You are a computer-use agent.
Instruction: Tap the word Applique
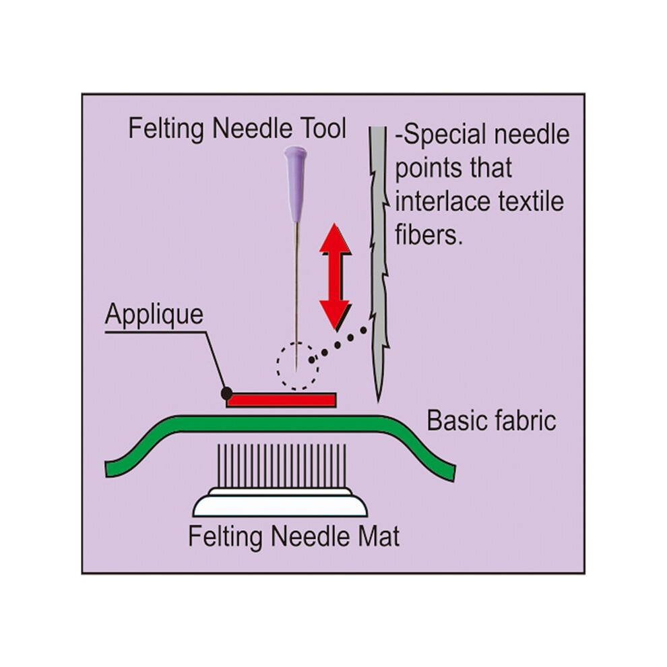(x=154, y=315)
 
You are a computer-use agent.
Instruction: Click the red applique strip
(x=281, y=400)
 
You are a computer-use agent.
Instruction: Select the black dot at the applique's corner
(x=227, y=393)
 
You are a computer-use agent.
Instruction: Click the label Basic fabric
(x=491, y=420)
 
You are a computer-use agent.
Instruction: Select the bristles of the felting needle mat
(x=281, y=466)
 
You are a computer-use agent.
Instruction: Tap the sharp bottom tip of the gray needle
(x=378, y=401)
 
